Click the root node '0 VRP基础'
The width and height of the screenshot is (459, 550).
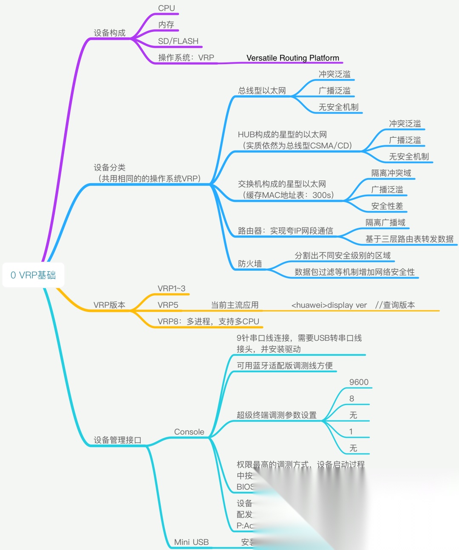click(x=33, y=275)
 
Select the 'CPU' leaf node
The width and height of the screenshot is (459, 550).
click(x=166, y=8)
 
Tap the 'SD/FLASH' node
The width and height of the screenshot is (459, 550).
click(x=178, y=41)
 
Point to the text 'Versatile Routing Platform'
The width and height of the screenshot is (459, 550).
click(x=293, y=58)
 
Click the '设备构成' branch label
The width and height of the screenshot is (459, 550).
click(x=110, y=33)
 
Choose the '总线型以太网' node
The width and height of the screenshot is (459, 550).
click(x=262, y=91)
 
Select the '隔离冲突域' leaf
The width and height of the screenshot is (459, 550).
click(x=391, y=173)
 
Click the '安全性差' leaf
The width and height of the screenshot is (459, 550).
click(x=387, y=206)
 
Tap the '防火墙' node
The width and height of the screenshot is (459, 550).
click(x=250, y=264)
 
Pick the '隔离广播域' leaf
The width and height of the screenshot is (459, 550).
click(x=385, y=223)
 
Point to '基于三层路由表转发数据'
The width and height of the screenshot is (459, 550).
click(x=409, y=239)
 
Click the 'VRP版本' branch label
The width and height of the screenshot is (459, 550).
click(x=109, y=305)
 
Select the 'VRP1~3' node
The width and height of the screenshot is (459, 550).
click(x=171, y=288)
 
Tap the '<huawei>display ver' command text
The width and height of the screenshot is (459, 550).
click(x=329, y=305)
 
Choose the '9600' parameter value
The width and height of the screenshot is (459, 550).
click(x=359, y=382)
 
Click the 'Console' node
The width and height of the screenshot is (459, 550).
click(x=189, y=432)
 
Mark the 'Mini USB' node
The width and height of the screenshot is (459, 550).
click(x=191, y=542)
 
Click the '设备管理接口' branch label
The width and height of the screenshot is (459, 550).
click(x=117, y=440)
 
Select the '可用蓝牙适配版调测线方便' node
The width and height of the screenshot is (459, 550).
click(x=285, y=366)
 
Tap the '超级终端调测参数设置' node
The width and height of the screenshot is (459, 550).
click(x=276, y=415)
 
